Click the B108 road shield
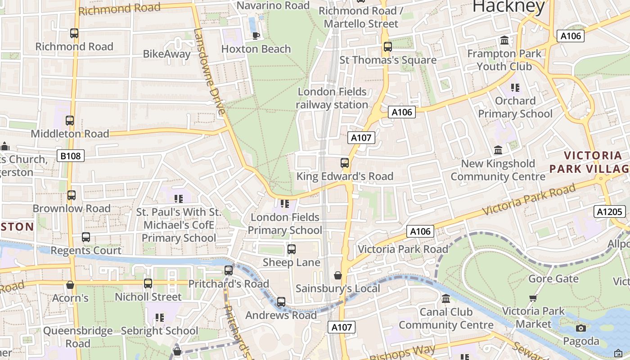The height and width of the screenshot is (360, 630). pyautogui.click(x=71, y=156)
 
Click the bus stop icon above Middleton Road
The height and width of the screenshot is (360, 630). pyautogui.click(x=69, y=121)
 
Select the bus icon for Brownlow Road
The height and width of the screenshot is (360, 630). pyautogui.click(x=71, y=195)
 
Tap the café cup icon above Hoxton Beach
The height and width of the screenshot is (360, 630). pyautogui.click(x=256, y=36)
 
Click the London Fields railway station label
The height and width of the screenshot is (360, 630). pyautogui.click(x=332, y=98)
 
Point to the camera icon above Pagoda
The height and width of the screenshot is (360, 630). pyautogui.click(x=580, y=328)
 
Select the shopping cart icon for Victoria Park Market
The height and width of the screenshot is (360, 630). pyautogui.click(x=533, y=298)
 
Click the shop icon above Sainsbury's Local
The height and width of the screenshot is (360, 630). pyautogui.click(x=337, y=275)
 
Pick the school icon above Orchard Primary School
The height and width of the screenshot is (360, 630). pyautogui.click(x=515, y=87)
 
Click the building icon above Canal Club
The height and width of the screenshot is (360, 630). pyautogui.click(x=446, y=299)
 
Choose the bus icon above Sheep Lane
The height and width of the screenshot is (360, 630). pyautogui.click(x=291, y=249)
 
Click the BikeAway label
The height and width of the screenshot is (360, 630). pyautogui.click(x=164, y=54)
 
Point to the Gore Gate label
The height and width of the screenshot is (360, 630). pyautogui.click(x=553, y=279)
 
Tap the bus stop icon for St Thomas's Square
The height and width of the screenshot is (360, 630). pyautogui.click(x=387, y=47)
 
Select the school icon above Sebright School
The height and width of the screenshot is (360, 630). pyautogui.click(x=159, y=318)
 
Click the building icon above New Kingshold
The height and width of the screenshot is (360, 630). pyautogui.click(x=498, y=150)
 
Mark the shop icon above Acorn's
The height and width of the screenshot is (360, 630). pyautogui.click(x=70, y=285)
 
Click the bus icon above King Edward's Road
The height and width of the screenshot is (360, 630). pyautogui.click(x=345, y=163)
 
